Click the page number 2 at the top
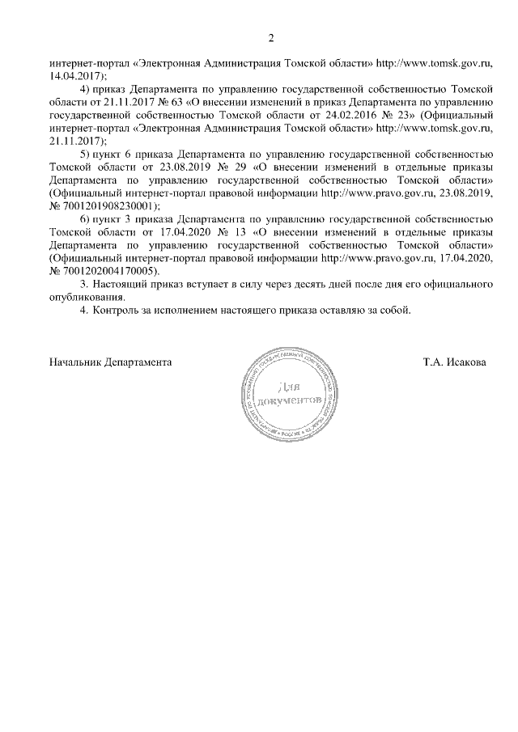coord(272,37)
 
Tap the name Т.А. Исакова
coord(454,362)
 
